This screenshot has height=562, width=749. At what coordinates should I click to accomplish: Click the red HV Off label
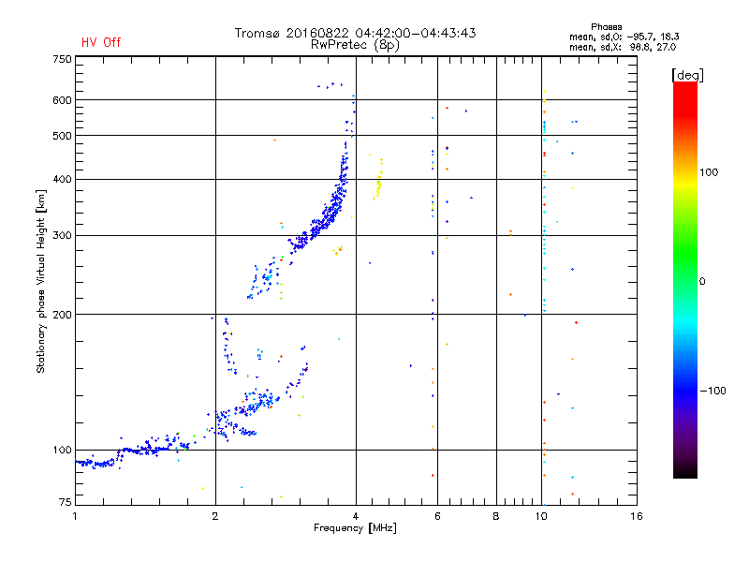(x=101, y=42)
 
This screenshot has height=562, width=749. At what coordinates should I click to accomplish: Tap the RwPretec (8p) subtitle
(x=355, y=45)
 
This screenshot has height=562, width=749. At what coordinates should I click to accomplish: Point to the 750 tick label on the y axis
(x=62, y=59)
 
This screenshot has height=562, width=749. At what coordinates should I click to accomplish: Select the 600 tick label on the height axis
(x=62, y=100)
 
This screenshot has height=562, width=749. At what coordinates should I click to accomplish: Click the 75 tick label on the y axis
(x=66, y=502)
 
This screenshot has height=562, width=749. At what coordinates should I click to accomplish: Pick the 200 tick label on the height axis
(x=62, y=315)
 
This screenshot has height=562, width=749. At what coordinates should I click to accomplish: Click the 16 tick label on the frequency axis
(x=637, y=516)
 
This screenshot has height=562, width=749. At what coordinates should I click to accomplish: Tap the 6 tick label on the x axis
(x=437, y=516)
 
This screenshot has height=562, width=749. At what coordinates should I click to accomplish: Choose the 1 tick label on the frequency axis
(x=75, y=516)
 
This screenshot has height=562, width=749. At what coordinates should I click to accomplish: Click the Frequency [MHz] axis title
(x=355, y=528)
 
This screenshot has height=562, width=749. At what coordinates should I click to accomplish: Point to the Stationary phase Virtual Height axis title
(x=40, y=282)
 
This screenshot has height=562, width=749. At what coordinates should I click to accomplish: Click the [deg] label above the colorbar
(x=687, y=75)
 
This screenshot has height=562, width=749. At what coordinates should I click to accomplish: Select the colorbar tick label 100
(x=709, y=172)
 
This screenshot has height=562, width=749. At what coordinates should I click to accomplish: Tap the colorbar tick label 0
(x=702, y=282)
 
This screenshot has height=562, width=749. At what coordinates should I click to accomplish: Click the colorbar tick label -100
(x=713, y=391)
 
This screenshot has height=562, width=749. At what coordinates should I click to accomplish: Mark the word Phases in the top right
(x=606, y=27)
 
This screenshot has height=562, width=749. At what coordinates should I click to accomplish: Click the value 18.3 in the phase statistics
(x=669, y=37)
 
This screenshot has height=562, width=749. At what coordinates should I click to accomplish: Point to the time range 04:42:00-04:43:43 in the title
(x=416, y=33)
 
